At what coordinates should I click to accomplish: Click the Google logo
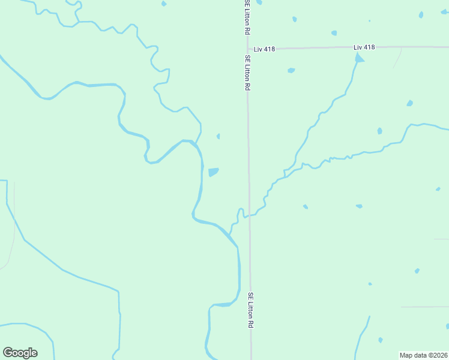coord(20,353)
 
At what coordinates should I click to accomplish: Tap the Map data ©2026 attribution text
coord(424,355)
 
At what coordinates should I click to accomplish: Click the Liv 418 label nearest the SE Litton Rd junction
coord(264,49)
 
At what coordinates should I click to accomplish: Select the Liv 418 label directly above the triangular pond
coord(364,47)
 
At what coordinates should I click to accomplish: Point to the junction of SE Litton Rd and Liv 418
coord(247,48)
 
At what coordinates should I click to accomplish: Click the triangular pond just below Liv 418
coord(359,58)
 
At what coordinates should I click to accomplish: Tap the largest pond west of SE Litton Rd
coord(213,172)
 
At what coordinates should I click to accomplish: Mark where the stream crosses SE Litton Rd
coord(249,215)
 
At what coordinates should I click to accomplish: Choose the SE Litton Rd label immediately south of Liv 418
coord(247,73)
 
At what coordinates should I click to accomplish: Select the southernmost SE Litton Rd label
coord(251,310)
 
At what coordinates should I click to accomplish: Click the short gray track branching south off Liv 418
coord(398,57)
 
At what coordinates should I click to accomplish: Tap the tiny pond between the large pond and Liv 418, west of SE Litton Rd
coord(218,136)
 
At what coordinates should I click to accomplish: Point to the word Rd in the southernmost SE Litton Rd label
coord(251,323)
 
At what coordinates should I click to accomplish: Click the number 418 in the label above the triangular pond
coord(369,47)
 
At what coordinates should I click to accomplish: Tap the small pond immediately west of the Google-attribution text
coord(381,340)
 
